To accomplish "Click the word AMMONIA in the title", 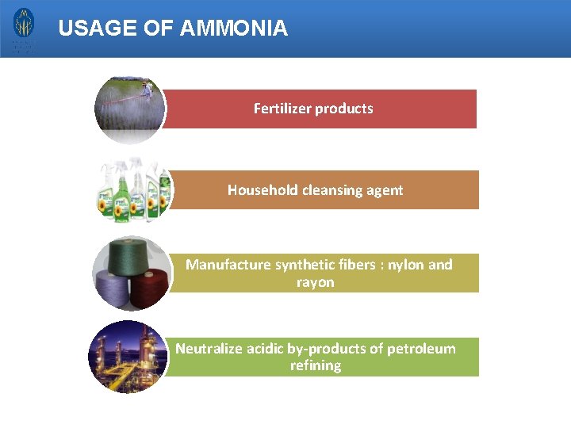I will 234,29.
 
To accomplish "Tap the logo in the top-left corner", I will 24,29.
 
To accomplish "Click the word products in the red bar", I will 347,109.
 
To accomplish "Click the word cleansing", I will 333,190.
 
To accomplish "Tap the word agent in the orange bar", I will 385,190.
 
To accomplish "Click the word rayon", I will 315,282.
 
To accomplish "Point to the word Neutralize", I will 210,349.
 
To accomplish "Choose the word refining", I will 315,365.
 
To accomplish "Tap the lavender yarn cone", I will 113,285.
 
